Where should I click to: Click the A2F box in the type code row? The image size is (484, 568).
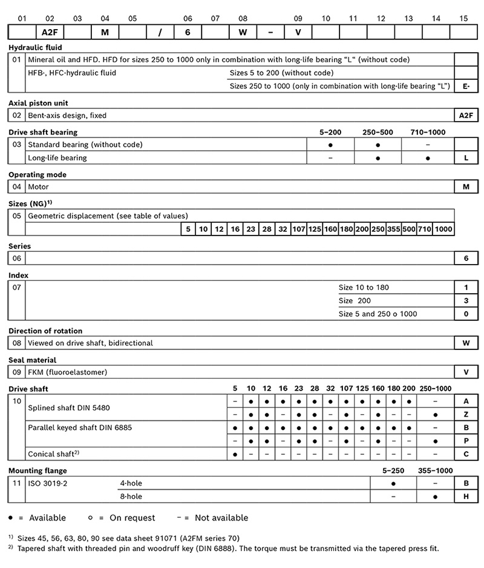pos(50,32)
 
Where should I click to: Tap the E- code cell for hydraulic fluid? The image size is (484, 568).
pos(466,86)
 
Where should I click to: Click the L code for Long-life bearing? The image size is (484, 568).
pos(466,157)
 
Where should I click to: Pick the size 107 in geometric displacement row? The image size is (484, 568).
pos(298,230)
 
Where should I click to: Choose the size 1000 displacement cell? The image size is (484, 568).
pos(443,230)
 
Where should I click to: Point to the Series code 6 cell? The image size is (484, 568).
pos(466,258)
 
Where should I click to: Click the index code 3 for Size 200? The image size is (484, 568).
pos(466,300)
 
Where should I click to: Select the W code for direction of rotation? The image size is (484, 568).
pos(466,343)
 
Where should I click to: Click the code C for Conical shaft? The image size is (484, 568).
pos(466,454)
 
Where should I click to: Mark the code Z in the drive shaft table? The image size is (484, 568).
pos(466,414)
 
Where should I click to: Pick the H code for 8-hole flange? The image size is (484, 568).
pos(466,497)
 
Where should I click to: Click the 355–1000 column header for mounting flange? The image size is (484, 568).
pos(435,470)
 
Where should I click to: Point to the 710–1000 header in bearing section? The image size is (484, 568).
pos(427,132)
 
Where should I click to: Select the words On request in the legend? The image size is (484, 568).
pos(132,518)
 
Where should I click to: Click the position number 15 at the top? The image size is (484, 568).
pos(463,18)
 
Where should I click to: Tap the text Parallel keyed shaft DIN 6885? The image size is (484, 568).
pos(80,428)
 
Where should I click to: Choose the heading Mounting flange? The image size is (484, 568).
pos(38,470)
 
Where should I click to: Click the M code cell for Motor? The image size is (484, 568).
pos(466,187)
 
